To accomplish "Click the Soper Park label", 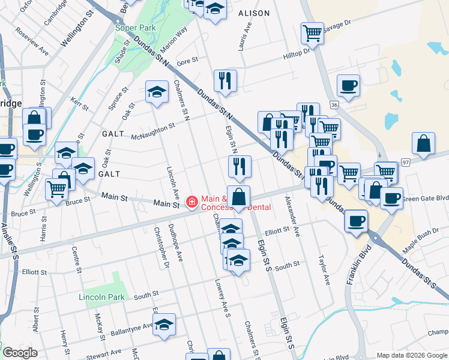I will [136, 28].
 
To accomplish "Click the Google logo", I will [20, 353].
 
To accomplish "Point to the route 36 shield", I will [334, 104].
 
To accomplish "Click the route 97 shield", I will [406, 163].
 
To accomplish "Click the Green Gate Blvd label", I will [426, 197].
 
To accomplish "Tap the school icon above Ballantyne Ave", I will [164, 324].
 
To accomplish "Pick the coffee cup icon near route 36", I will [348, 85].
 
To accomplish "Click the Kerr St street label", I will [79, 103].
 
